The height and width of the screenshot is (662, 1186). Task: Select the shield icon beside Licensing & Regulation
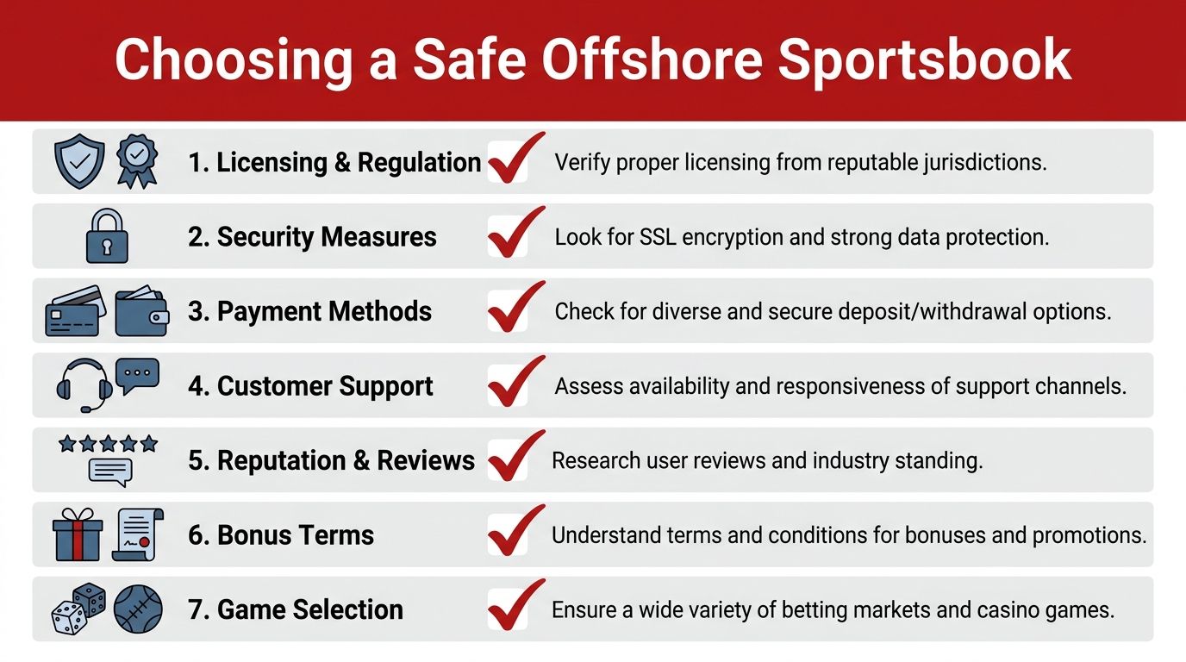point(79,161)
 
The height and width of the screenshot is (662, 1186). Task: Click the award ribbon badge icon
point(136,161)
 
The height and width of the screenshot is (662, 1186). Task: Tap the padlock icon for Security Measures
point(107,235)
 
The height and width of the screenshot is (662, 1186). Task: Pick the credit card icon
point(75,311)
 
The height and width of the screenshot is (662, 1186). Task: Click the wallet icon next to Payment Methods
point(142,311)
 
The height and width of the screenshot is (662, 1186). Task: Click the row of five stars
point(108,443)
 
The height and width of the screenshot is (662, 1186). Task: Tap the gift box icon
point(78,534)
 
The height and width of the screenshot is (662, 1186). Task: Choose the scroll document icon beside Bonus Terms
point(138,534)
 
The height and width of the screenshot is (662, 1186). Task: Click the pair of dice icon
point(78,609)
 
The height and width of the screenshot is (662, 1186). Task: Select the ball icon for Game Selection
point(138,609)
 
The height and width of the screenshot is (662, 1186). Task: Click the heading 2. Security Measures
point(312,237)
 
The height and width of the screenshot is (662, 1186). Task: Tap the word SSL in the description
point(658,237)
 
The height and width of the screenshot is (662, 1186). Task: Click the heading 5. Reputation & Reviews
point(332,460)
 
